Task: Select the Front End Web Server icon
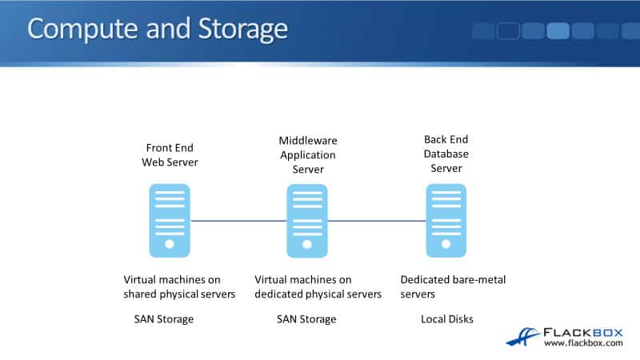(x=170, y=220)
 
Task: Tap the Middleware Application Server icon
(x=307, y=220)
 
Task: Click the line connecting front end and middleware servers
(x=238, y=221)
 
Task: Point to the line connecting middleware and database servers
(x=377, y=221)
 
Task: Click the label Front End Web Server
(x=170, y=154)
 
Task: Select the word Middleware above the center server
(x=307, y=141)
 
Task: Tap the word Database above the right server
(x=446, y=154)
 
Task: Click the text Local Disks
(x=447, y=319)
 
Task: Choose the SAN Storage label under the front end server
(x=164, y=319)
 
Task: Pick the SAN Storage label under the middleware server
(x=306, y=319)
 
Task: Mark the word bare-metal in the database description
(x=479, y=279)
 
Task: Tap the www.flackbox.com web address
(x=583, y=343)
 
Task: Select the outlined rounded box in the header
(x=508, y=30)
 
